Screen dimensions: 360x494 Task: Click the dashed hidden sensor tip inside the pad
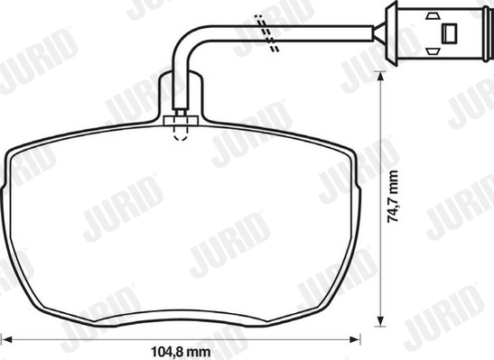pyautogui.click(x=180, y=134)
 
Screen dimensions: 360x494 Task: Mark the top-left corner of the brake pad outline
pyautogui.click(x=15, y=146)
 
